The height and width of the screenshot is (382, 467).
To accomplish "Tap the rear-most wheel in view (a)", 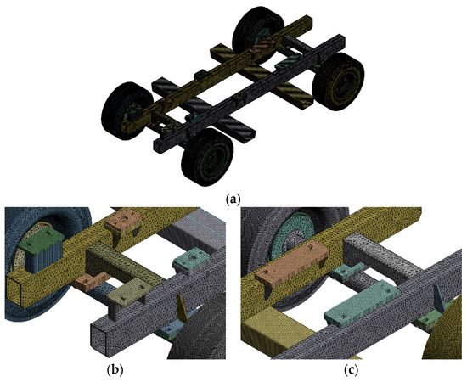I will [260, 29].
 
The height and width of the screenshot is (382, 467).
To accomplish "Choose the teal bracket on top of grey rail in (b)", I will [189, 258].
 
